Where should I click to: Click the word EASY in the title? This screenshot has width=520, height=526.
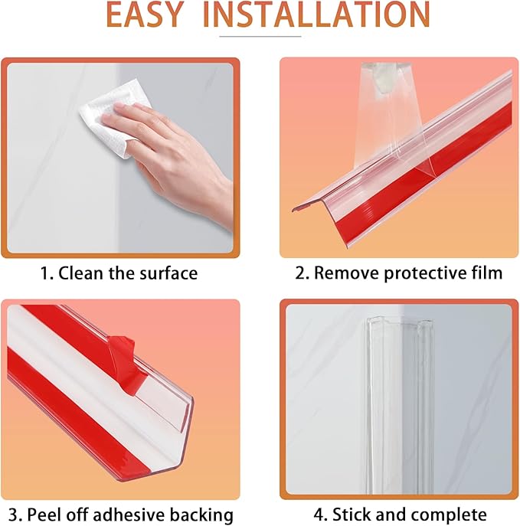click(x=146, y=16)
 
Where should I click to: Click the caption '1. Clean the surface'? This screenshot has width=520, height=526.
click(x=118, y=273)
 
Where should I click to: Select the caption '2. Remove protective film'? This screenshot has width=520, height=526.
click(x=398, y=273)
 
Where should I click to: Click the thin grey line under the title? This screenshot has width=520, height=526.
click(x=260, y=36)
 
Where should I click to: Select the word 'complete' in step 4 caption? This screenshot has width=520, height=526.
click(x=452, y=514)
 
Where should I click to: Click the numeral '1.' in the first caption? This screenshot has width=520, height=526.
click(x=45, y=273)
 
